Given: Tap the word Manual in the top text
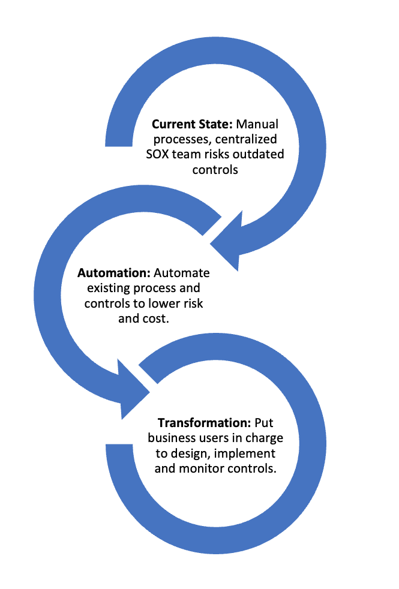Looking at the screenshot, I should pyautogui.click(x=257, y=125).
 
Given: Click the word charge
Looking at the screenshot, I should pyautogui.click(x=264, y=438).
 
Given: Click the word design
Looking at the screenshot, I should pyautogui.click(x=189, y=453).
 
